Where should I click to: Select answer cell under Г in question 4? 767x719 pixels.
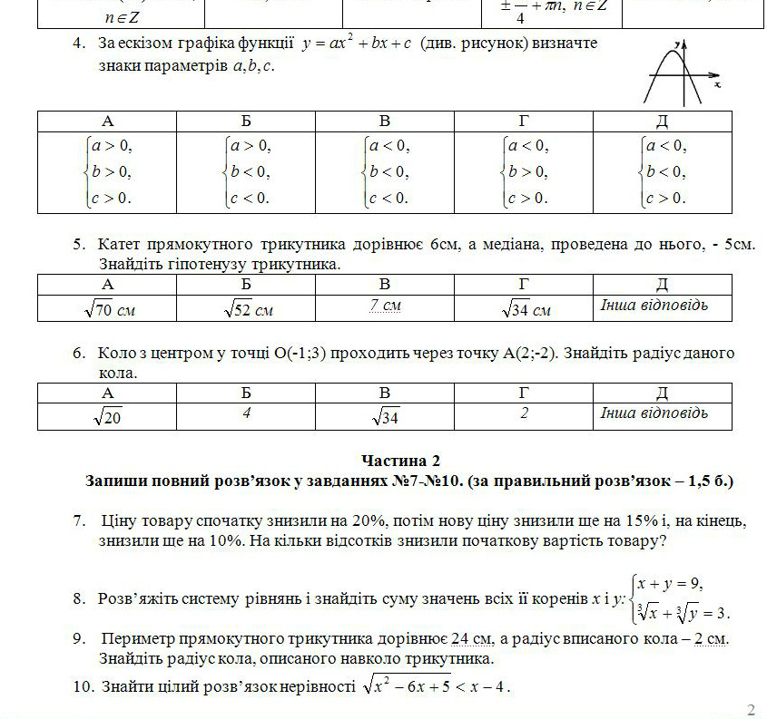click(524, 172)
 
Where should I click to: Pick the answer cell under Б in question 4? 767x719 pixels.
click(247, 172)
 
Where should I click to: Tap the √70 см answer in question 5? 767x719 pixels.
click(108, 309)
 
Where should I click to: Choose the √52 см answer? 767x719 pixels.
click(247, 309)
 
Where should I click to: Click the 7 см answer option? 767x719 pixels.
click(385, 306)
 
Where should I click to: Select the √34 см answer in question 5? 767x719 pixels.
click(525, 309)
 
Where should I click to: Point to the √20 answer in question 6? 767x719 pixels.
click(108, 416)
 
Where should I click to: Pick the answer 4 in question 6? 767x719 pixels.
click(246, 413)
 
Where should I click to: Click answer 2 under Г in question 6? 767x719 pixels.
click(524, 413)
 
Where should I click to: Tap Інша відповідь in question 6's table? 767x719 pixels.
click(654, 413)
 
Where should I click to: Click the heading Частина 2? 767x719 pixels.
click(400, 462)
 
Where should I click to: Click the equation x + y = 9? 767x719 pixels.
click(670, 583)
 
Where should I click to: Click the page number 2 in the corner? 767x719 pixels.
click(750, 709)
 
